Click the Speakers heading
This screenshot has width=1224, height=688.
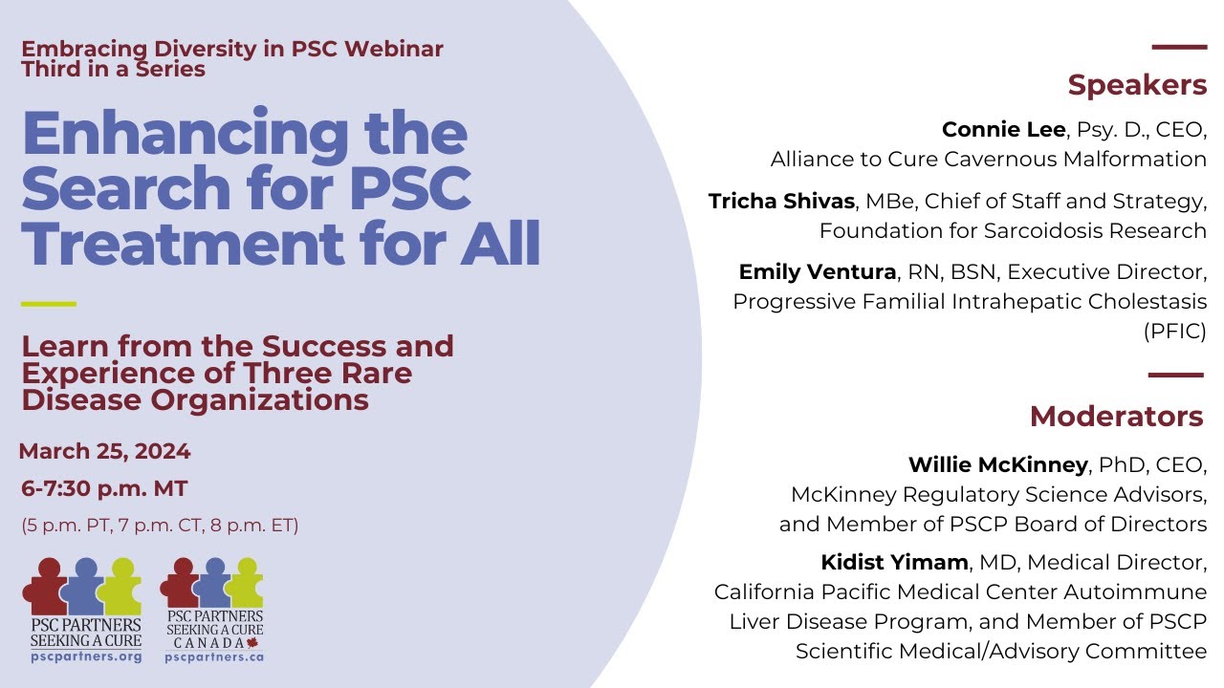pyautogui.click(x=1137, y=85)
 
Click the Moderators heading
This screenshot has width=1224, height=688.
pyautogui.click(x=1116, y=417)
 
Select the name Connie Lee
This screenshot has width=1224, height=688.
pyautogui.click(x=1002, y=130)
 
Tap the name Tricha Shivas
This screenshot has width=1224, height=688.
pyautogui.click(x=781, y=202)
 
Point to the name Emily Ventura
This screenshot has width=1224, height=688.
pyautogui.click(x=817, y=272)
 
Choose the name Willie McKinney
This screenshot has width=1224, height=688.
pyautogui.click(x=997, y=465)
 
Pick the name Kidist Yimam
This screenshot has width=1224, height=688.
pyautogui.click(x=894, y=563)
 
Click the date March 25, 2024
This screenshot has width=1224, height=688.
pyautogui.click(x=105, y=451)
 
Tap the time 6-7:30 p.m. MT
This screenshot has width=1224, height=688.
pyautogui.click(x=104, y=489)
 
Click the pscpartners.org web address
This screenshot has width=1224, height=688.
pyautogui.click(x=86, y=656)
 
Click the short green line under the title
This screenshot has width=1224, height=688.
pyautogui.click(x=48, y=304)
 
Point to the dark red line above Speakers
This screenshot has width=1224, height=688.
pyautogui.click(x=1179, y=47)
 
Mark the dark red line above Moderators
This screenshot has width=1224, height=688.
pyautogui.click(x=1175, y=376)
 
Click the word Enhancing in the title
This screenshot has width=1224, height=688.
pyautogui.click(x=186, y=134)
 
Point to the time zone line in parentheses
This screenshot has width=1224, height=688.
pyautogui.click(x=160, y=525)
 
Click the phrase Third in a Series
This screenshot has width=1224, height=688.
pyautogui.click(x=113, y=69)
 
